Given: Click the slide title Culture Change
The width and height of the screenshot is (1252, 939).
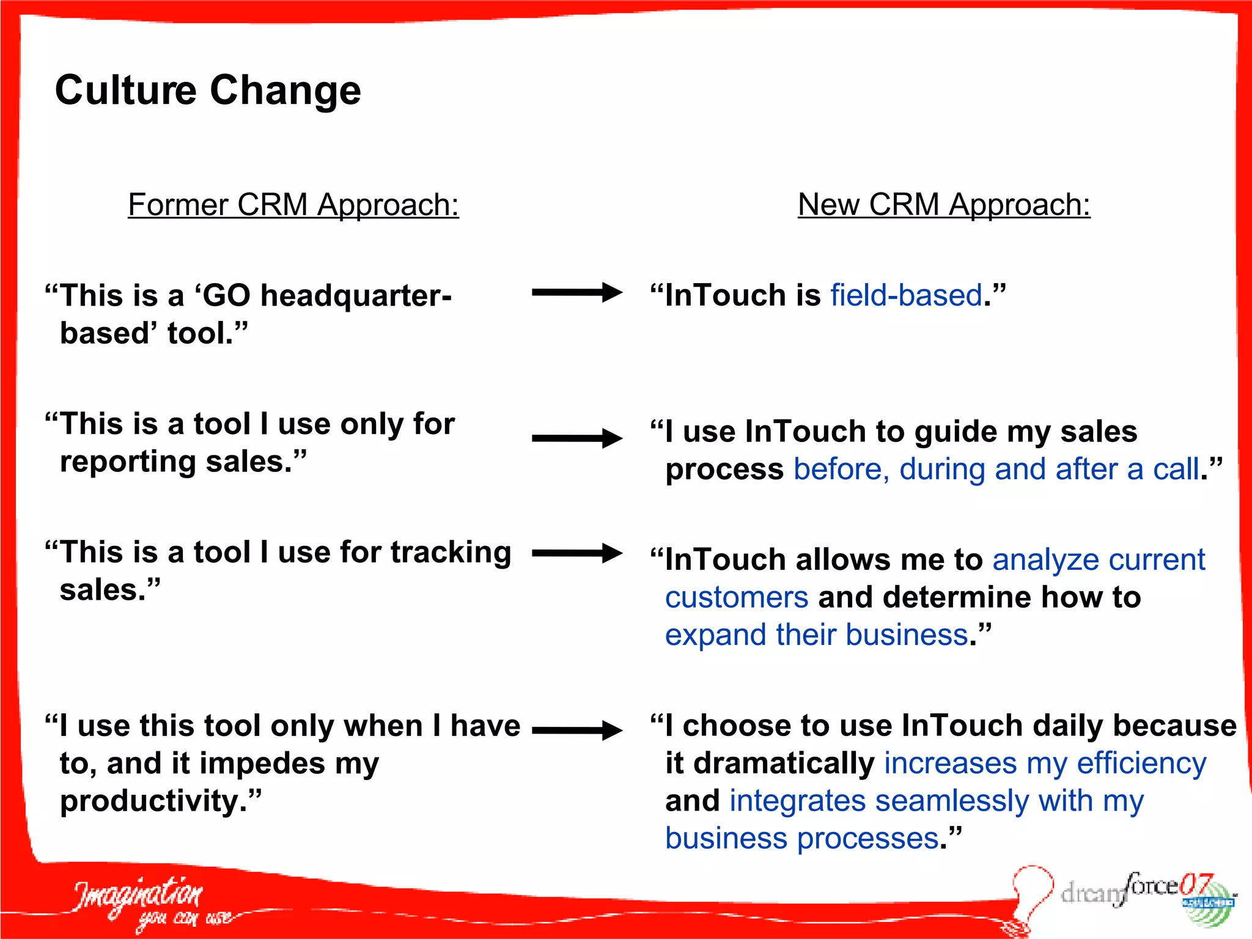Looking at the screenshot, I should [208, 90].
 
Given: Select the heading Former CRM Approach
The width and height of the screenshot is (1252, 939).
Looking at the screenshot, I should [293, 204].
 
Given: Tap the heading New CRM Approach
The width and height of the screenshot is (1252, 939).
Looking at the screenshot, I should [943, 204].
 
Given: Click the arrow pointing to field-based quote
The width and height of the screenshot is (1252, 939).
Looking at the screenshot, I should [576, 292].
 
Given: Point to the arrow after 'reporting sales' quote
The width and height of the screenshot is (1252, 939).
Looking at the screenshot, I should [576, 438].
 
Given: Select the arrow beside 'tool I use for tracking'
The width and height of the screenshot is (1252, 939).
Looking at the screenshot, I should [576, 553].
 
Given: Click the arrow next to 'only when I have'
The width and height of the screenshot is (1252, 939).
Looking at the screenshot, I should [576, 730].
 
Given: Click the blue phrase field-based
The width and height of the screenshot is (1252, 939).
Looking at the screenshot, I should [906, 295].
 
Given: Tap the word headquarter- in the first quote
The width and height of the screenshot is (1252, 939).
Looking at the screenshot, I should [356, 296].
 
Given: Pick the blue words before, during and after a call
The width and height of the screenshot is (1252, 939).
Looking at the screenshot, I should [996, 469].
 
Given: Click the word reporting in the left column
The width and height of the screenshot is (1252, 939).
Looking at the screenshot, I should [128, 462].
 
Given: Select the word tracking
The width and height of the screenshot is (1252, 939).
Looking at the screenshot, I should [451, 552].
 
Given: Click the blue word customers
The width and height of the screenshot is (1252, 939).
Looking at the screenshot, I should [736, 597].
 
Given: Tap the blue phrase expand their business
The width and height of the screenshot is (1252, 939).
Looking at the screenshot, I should [817, 635].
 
